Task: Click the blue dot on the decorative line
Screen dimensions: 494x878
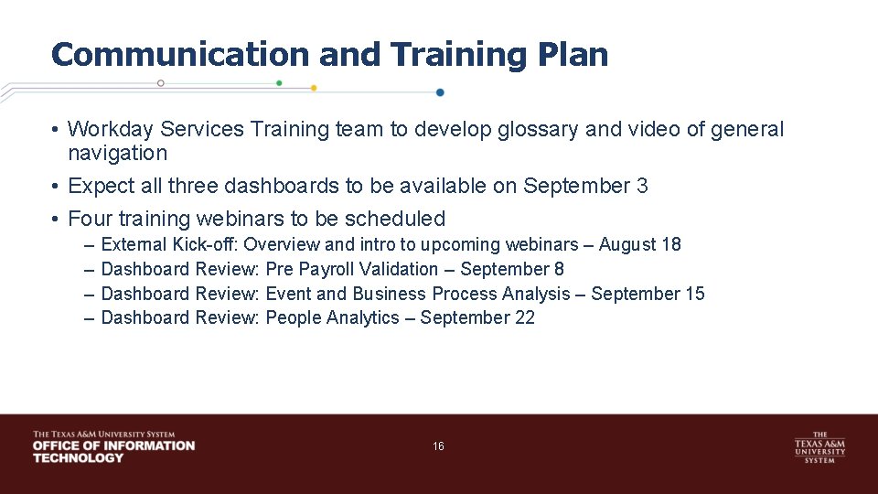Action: [440, 92]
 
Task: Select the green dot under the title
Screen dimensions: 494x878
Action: [279, 83]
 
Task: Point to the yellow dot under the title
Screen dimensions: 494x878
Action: [314, 89]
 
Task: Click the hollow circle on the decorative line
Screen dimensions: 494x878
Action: [161, 83]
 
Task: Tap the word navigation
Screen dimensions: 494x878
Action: [118, 154]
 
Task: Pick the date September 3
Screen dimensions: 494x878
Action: [585, 187]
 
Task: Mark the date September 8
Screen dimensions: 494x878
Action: [512, 270]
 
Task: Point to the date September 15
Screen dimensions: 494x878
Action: [648, 295]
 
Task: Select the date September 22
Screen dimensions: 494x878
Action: [477, 318]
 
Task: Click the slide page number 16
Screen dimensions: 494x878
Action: [438, 446]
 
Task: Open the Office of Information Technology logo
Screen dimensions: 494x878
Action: [113, 446]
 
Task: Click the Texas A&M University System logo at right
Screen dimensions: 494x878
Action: [819, 447]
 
